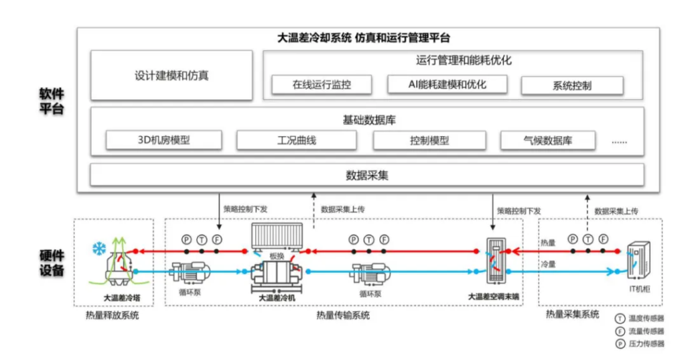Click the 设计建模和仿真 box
(171, 76)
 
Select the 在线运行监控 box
(322, 85)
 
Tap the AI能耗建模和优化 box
(447, 84)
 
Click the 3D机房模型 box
(163, 141)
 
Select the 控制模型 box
(429, 141)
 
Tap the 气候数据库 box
(548, 141)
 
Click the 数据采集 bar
(366, 176)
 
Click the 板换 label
(277, 255)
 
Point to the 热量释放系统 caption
(112, 315)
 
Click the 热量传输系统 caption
(342, 315)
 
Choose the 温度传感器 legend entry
(642, 318)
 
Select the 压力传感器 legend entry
(642, 344)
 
